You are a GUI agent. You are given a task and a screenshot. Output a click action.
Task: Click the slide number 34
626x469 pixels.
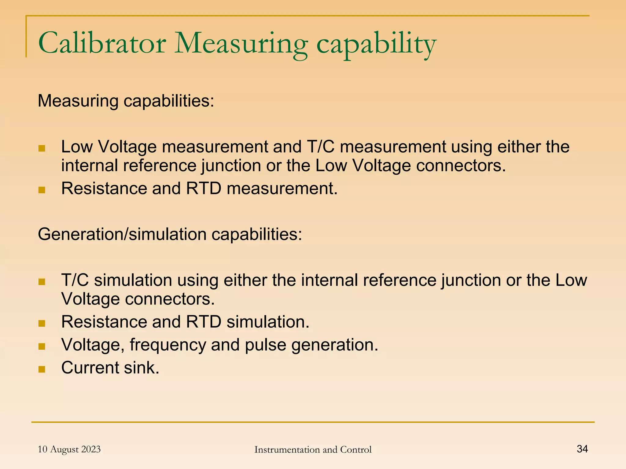(582, 449)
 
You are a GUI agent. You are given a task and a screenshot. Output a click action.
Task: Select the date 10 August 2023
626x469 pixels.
(69, 449)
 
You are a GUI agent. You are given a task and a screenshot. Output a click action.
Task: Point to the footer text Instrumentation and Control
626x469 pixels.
(313, 449)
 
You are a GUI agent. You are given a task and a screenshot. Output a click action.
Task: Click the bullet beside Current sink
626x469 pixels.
(42, 369)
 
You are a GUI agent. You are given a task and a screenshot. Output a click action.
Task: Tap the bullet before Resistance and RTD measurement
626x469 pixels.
(42, 190)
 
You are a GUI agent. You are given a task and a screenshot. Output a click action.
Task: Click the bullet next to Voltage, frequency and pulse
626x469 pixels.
(42, 346)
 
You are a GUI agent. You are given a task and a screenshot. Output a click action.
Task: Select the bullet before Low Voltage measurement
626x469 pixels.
(42, 149)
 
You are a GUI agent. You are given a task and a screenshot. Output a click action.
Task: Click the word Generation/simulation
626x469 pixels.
(122, 234)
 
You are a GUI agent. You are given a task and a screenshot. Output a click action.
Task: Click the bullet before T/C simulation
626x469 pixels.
(42, 282)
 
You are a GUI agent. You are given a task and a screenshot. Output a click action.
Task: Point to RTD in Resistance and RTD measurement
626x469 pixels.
(204, 188)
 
